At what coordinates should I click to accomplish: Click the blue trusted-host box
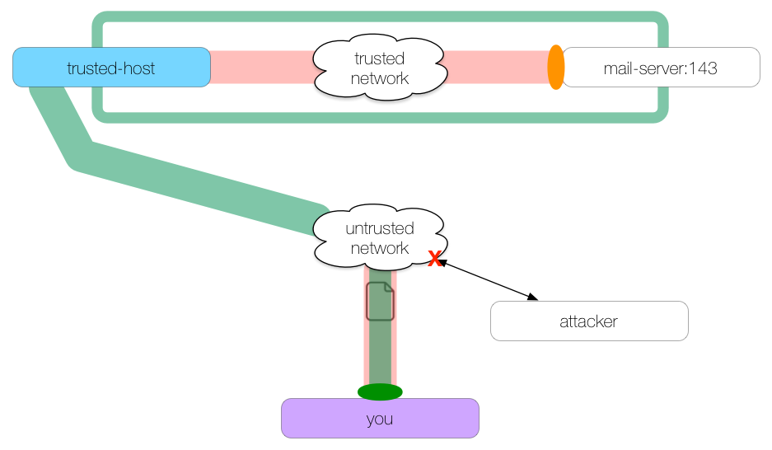point(111,67)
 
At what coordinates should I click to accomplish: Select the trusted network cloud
point(380,68)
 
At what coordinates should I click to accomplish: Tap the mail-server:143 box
point(660,68)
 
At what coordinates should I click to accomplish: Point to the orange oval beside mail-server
point(556,67)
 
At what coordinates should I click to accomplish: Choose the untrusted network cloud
point(380,237)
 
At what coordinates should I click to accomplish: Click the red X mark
point(435,260)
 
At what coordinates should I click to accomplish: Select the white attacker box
point(588,321)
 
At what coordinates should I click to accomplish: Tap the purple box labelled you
point(380,419)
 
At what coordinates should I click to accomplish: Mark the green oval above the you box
point(380,391)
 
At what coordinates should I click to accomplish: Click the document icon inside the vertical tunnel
point(380,301)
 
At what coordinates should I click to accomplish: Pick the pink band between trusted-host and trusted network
point(261,67)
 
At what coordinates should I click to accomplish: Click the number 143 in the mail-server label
point(703,68)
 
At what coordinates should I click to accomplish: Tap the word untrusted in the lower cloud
point(380,228)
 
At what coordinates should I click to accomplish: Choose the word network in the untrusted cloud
point(380,248)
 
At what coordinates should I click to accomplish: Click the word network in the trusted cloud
point(380,78)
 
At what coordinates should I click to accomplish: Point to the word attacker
point(588,321)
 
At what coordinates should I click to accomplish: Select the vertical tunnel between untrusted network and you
point(380,346)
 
